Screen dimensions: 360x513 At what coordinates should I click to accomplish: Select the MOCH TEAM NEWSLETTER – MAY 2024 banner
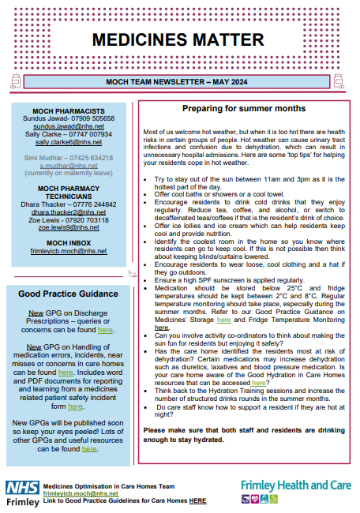point(179,81)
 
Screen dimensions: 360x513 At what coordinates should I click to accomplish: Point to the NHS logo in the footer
point(19,486)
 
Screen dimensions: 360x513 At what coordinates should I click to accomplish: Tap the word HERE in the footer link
point(198,500)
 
